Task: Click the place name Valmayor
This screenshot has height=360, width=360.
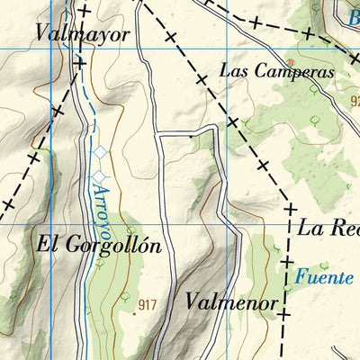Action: [83, 34]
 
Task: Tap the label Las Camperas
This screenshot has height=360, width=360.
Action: [276, 71]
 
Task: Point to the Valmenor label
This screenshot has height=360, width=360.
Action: [231, 302]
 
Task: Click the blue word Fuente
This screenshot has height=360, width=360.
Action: [324, 277]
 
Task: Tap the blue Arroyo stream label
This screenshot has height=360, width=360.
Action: [103, 205]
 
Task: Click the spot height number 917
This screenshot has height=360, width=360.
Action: [148, 305]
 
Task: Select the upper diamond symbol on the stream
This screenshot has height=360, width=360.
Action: [99, 155]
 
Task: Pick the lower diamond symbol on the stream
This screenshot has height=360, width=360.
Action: [100, 174]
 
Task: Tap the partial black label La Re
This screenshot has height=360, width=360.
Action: [328, 228]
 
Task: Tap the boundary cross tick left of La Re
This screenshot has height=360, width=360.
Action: [291, 209]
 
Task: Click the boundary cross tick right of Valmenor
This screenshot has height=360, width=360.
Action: [283, 314]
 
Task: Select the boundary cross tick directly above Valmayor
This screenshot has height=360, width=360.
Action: [84, 12]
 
